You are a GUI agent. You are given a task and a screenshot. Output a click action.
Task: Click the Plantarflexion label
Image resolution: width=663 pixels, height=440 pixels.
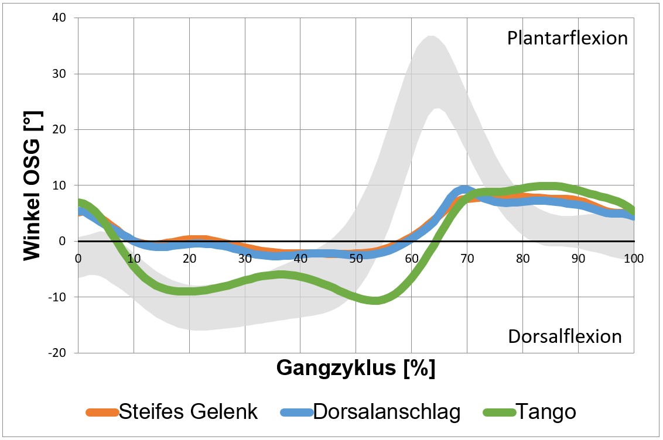(567, 39)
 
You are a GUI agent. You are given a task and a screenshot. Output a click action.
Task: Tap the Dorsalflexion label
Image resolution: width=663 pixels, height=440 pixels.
(565, 336)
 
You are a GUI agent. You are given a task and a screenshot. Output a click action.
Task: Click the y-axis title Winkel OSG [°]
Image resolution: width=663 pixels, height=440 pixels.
(33, 185)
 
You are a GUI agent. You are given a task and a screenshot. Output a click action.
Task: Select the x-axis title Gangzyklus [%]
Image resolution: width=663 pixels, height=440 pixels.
(356, 368)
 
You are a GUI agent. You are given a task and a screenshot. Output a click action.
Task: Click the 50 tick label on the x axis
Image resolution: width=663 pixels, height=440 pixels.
(356, 257)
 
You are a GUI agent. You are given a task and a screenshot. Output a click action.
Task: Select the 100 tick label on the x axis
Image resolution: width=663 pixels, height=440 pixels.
(633, 257)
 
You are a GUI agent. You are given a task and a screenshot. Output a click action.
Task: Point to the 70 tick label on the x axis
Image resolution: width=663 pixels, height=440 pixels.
(467, 257)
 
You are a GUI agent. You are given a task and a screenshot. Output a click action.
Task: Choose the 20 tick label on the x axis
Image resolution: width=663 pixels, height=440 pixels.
(189, 257)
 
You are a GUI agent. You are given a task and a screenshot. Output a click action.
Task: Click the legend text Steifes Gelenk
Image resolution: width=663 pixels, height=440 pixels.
(188, 412)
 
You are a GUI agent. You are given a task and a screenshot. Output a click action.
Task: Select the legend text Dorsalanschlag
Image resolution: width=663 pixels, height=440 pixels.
(387, 412)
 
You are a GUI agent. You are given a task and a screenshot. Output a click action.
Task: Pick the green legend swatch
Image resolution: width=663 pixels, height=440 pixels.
(498, 412)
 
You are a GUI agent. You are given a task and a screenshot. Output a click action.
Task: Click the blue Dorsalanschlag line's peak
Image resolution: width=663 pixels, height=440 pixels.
(464, 190)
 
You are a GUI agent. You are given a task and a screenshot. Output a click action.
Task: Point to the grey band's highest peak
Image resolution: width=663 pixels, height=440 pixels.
(431, 37)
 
